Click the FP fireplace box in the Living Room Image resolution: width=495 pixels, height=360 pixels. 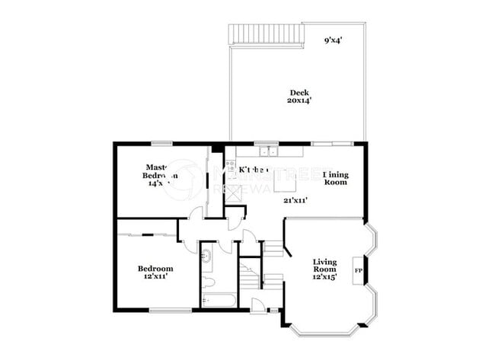click(x=357, y=271)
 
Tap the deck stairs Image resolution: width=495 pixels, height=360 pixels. click(x=265, y=33)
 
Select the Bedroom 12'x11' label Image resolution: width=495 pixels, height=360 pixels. click(x=155, y=272)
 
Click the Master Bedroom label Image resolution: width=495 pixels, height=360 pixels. click(x=161, y=176)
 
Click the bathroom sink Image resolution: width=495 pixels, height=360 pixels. click(x=206, y=256)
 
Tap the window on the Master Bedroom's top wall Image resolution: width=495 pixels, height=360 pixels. click(x=161, y=142)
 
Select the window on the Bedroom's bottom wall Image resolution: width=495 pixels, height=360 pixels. click(x=170, y=310)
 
